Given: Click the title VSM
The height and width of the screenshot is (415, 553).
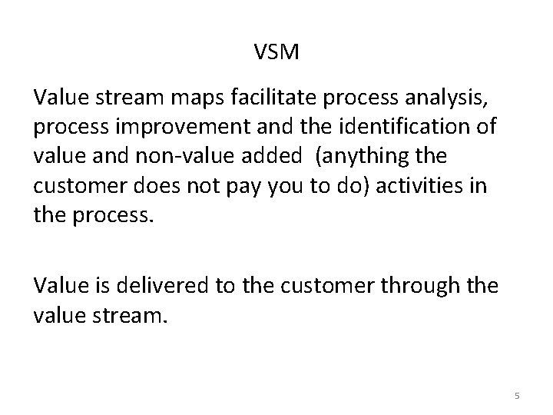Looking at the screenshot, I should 276,53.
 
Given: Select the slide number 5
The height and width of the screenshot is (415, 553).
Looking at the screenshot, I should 517,395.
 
